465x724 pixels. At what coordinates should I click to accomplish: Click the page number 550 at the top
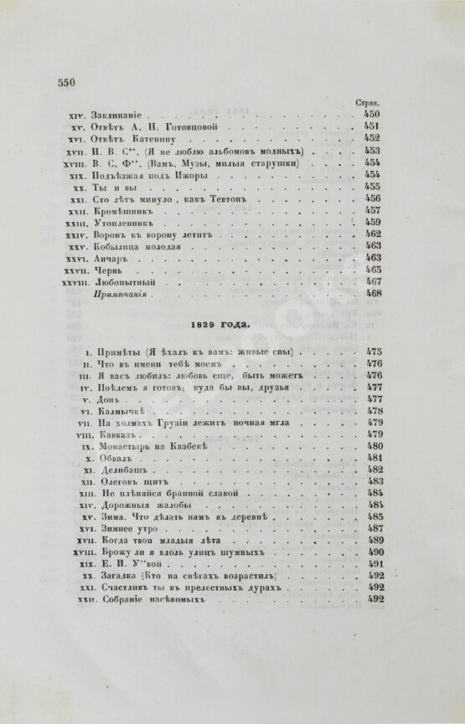65,81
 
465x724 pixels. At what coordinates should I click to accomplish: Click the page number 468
372,295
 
